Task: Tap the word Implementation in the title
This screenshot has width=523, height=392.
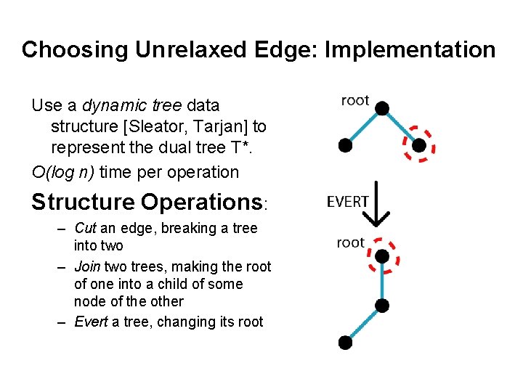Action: coord(410,50)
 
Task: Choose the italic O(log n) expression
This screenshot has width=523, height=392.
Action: coord(63,172)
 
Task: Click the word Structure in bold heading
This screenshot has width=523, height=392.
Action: coord(83,202)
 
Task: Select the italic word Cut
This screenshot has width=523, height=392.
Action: coord(86,229)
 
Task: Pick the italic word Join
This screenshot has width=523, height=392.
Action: coord(87,266)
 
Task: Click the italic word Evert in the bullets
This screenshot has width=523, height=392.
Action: coord(90,322)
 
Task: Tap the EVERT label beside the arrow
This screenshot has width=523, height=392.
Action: coord(348,202)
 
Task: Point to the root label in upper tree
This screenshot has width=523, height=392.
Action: coord(355,101)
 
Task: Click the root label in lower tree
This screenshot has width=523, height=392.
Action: coord(350,242)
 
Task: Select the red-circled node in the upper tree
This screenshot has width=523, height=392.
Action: coord(418,145)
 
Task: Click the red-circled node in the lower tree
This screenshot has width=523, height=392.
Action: coord(381,256)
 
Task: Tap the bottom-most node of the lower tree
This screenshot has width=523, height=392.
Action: coord(346,341)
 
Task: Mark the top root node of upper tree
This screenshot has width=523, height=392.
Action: coord(382,108)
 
